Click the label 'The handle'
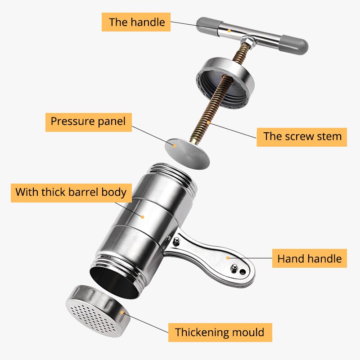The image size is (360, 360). click(x=136, y=22)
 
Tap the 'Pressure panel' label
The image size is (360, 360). click(x=88, y=121)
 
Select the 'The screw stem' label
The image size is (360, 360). click(x=302, y=136)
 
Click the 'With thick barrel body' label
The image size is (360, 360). click(x=71, y=192)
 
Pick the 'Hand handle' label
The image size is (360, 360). click(x=309, y=259)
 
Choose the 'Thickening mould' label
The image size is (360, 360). click(x=220, y=333)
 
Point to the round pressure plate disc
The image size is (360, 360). click(x=187, y=152)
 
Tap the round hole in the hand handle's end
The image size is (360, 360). click(x=243, y=272)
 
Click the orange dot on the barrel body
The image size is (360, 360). click(x=142, y=216)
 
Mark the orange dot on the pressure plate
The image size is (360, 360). click(x=175, y=145)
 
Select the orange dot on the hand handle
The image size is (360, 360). click(x=228, y=258)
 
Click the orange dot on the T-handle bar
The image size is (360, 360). click(x=229, y=31)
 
